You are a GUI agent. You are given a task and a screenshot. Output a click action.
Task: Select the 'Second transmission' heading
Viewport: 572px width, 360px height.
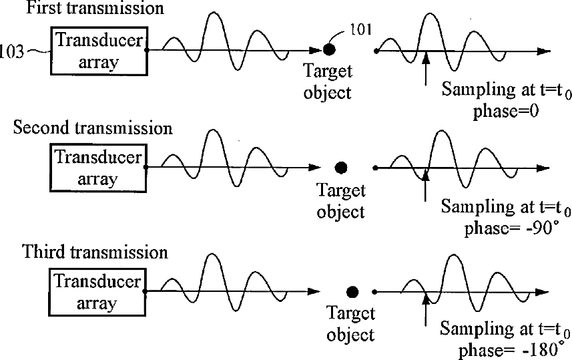coord(93,127)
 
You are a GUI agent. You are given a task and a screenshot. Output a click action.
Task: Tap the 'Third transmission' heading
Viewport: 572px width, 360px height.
coord(95,252)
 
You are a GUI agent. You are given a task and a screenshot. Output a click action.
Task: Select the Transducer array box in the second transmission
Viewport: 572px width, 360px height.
coord(98,168)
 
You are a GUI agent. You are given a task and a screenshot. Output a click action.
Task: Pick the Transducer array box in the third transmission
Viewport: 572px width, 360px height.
coord(98,292)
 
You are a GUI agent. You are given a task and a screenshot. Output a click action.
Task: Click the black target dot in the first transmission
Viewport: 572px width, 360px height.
coord(329,49)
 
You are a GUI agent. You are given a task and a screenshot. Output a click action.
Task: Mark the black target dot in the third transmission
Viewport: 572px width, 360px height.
coord(352,291)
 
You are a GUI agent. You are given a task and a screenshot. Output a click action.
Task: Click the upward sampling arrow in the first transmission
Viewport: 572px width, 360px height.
coord(425,69)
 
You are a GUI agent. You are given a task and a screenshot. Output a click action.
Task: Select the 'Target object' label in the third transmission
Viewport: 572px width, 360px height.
coord(350,323)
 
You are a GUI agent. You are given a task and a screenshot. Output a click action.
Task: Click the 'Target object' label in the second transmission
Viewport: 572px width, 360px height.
coord(341,201)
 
